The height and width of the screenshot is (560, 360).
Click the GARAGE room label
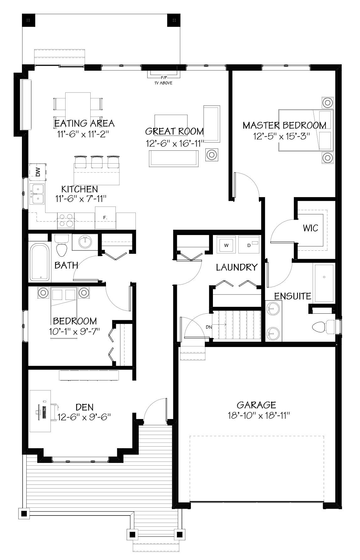click(256, 405)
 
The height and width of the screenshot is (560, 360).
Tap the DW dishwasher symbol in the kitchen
click(38, 172)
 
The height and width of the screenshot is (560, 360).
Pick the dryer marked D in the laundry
click(249, 245)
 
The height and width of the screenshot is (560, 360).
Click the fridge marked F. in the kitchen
click(105, 217)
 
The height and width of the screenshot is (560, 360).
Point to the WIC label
click(310, 228)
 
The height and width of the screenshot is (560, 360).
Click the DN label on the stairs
click(209, 327)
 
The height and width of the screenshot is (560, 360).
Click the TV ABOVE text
click(163, 83)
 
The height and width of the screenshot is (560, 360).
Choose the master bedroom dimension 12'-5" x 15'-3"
click(281, 136)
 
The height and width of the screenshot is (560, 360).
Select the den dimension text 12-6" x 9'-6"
click(84, 417)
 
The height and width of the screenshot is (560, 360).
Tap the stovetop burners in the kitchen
click(66, 220)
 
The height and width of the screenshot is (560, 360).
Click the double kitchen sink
click(37, 194)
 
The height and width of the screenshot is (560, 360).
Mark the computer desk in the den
click(40, 411)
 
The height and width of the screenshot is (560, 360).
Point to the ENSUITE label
click(293, 296)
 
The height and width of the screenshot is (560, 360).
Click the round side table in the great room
click(212, 155)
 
